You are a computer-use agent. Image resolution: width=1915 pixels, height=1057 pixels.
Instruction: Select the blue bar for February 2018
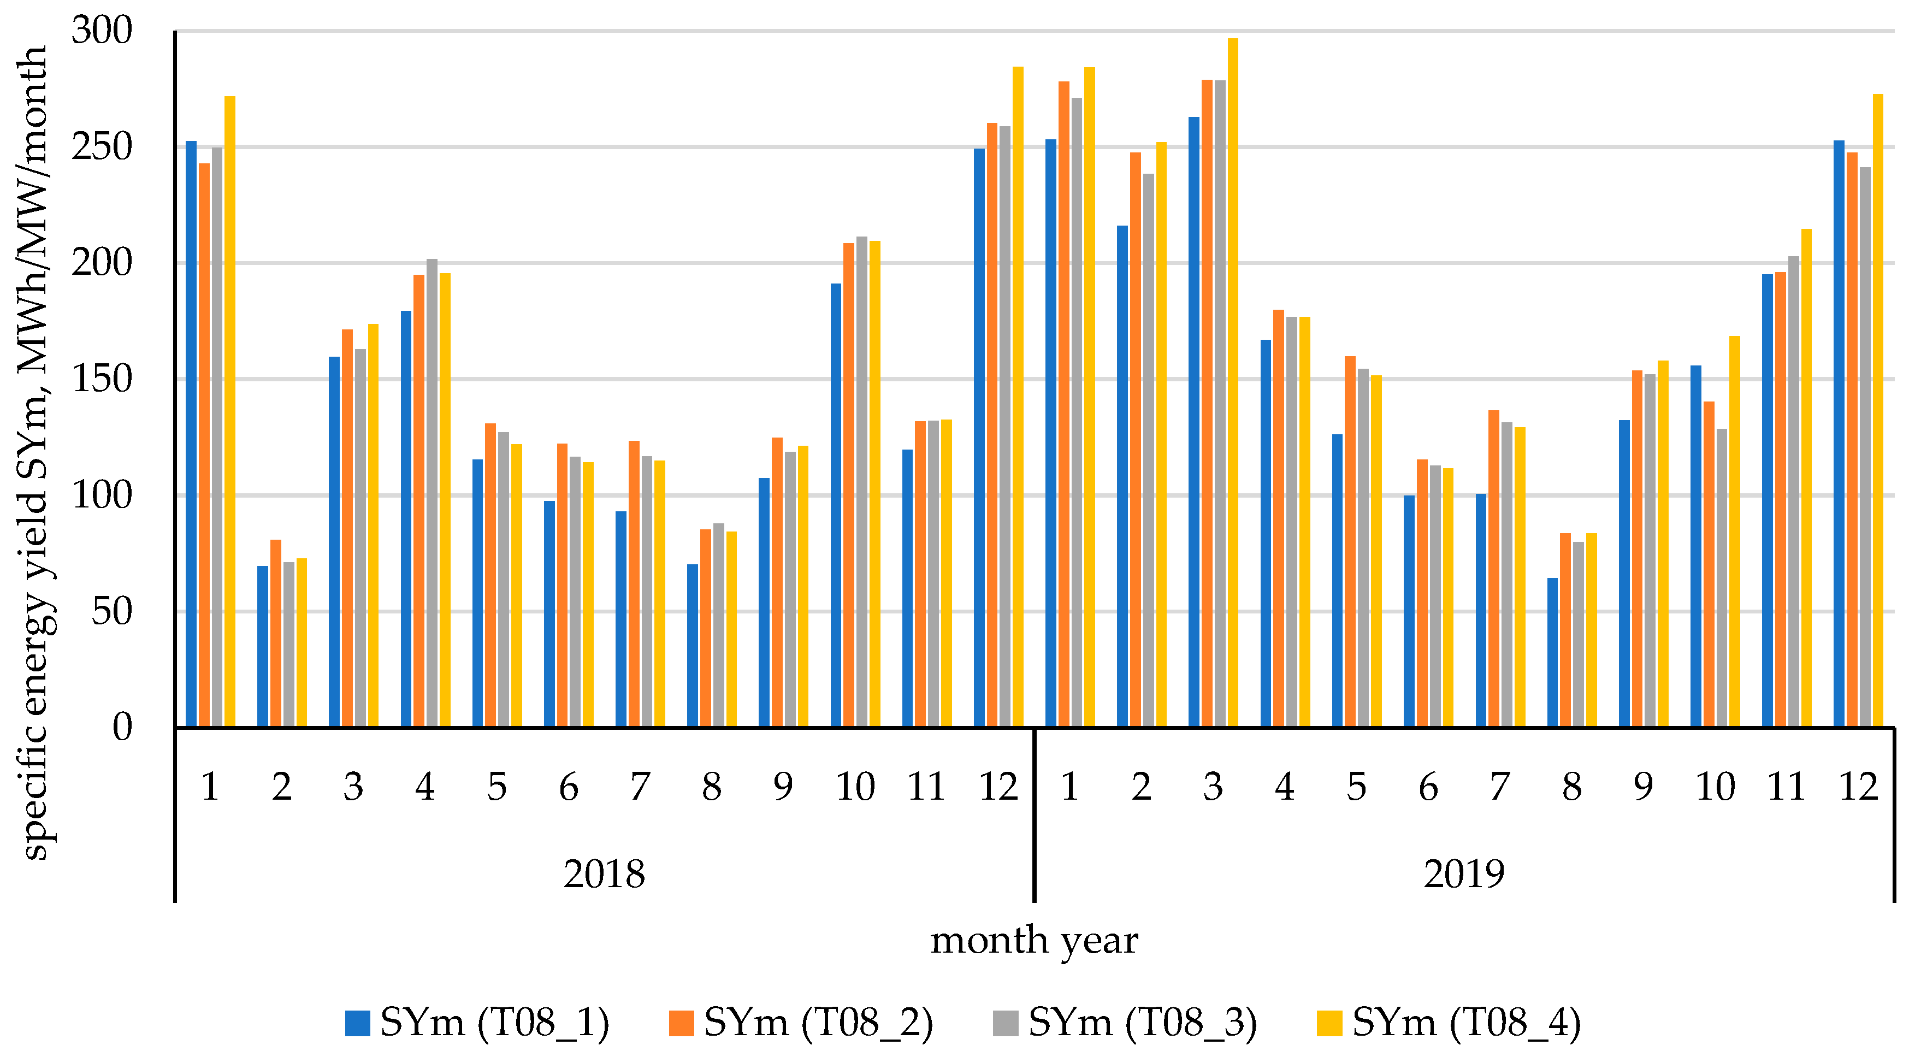pos(262,647)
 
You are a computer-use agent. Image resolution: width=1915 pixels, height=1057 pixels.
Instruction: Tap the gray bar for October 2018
pos(861,482)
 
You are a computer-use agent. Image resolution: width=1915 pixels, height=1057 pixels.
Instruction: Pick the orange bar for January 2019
pos(1064,404)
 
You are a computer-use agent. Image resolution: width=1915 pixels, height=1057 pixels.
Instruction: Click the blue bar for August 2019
pos(1552,653)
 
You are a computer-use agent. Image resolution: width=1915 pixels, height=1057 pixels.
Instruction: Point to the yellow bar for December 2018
pos(1018,397)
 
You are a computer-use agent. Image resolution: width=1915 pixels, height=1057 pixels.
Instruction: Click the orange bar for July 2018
pos(634,584)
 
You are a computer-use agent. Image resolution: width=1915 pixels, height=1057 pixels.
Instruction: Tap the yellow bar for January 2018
pos(230,412)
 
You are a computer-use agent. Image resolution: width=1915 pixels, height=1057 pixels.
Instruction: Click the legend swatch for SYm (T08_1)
pos(358,1023)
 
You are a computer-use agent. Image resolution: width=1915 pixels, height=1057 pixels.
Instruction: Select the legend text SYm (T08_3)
pos(1143,1023)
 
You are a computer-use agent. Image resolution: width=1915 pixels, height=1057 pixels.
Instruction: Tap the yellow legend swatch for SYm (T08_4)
pos(1329,1023)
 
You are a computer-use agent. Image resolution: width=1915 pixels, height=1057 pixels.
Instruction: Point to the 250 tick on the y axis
pos(102,146)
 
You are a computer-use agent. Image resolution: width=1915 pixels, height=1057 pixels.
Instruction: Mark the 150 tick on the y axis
pos(102,379)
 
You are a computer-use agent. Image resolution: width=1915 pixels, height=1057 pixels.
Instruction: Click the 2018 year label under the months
pos(604,873)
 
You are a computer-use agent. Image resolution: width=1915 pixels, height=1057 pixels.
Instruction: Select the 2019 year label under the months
pos(1464,873)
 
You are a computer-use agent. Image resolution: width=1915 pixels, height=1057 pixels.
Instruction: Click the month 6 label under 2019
pos(1428,787)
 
